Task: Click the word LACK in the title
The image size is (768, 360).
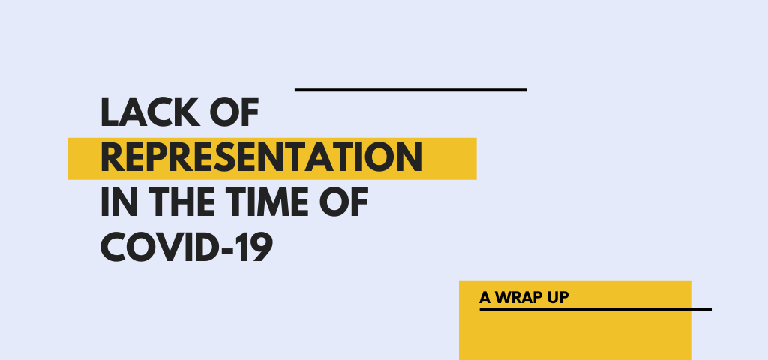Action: pos(150,112)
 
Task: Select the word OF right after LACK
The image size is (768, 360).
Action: pos(234,112)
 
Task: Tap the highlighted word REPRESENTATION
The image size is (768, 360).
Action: pos(261,157)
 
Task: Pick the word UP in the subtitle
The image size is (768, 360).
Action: pos(559,297)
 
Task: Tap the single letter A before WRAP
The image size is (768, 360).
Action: pos(485,297)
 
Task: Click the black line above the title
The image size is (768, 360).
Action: pos(410,89)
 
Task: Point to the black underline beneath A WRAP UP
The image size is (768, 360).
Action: pos(595,309)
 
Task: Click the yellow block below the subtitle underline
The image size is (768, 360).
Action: pos(575,335)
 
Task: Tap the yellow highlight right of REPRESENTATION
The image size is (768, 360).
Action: pos(450,159)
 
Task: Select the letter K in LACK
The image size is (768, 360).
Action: pos(187,112)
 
